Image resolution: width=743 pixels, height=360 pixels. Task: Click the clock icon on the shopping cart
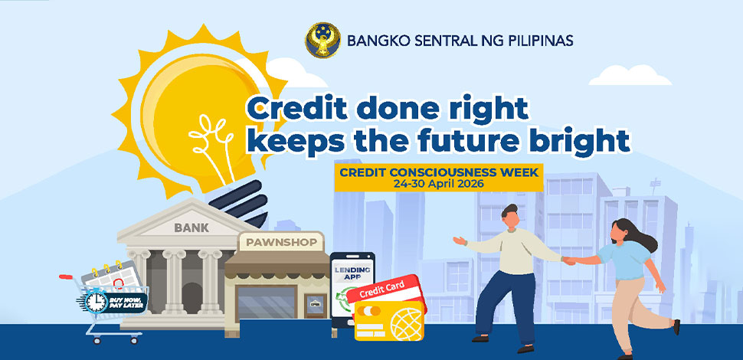click(x=97, y=301)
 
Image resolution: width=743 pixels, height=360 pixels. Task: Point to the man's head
click(x=512, y=218)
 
